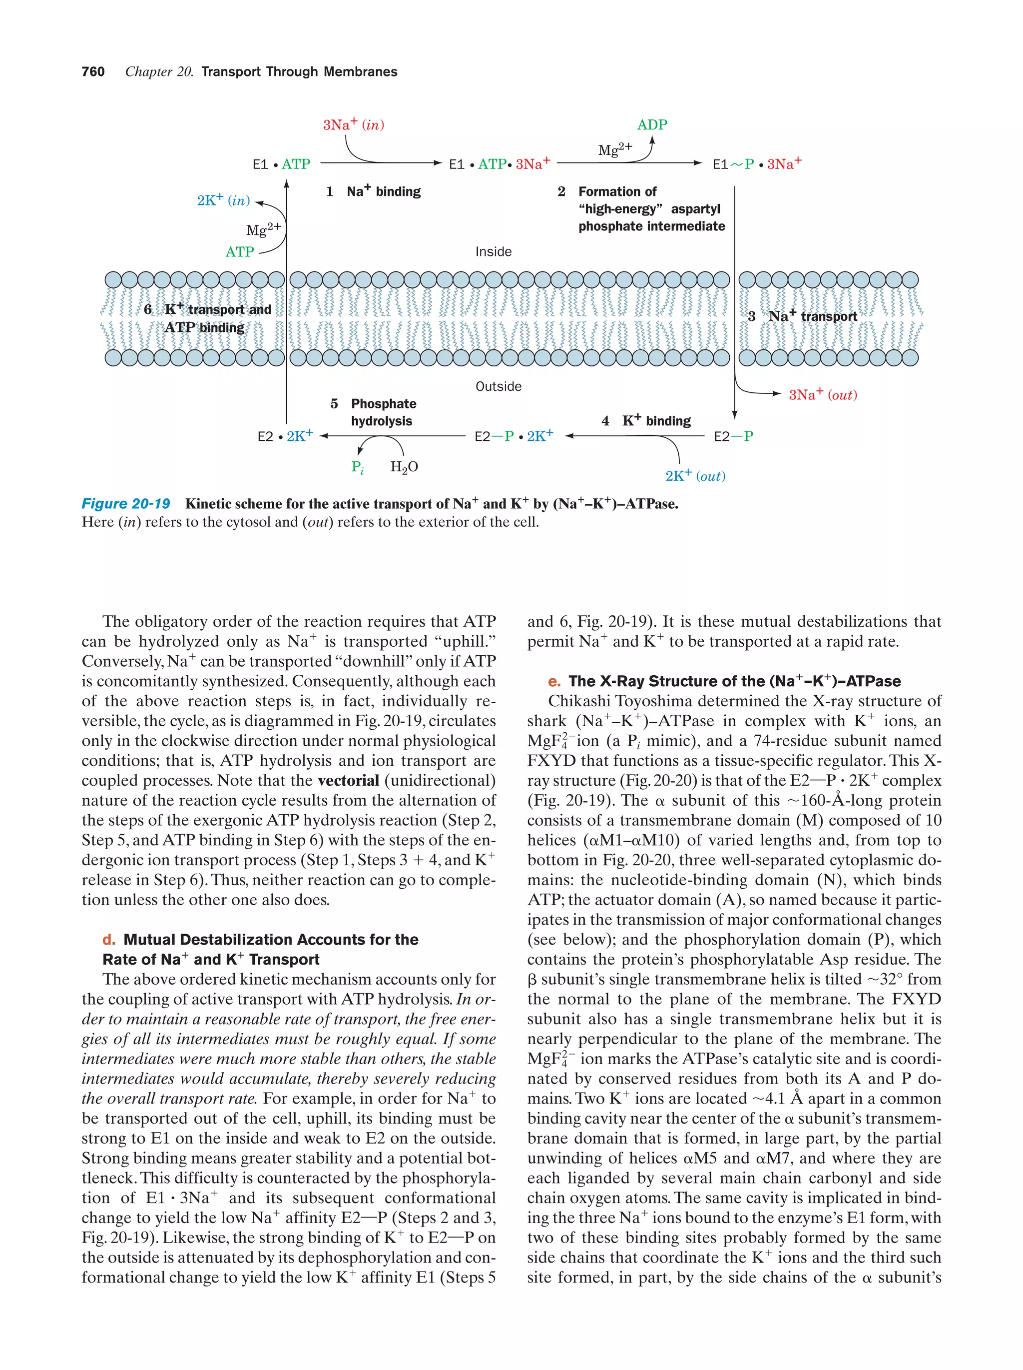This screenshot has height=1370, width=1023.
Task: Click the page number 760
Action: click(93, 72)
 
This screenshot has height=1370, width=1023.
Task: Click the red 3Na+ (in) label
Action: click(353, 125)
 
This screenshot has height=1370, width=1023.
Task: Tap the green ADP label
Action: click(652, 124)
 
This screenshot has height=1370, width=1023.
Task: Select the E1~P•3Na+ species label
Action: click(756, 164)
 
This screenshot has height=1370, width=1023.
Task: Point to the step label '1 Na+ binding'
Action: click(373, 191)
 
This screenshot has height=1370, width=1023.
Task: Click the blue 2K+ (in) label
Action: click(223, 200)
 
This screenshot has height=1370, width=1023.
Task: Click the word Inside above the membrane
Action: click(493, 251)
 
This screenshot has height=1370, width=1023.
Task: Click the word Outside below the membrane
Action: click(498, 386)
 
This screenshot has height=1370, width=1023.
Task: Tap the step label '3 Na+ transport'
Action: click(802, 316)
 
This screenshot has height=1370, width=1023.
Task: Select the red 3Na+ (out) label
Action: click(823, 394)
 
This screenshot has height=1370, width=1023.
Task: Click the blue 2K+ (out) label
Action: click(695, 476)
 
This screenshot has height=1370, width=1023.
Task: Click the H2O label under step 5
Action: click(404, 467)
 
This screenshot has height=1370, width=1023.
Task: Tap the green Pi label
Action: click(357, 467)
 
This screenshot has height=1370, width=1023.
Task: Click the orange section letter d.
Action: click(109, 940)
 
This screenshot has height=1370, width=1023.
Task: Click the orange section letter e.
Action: click(554, 681)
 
